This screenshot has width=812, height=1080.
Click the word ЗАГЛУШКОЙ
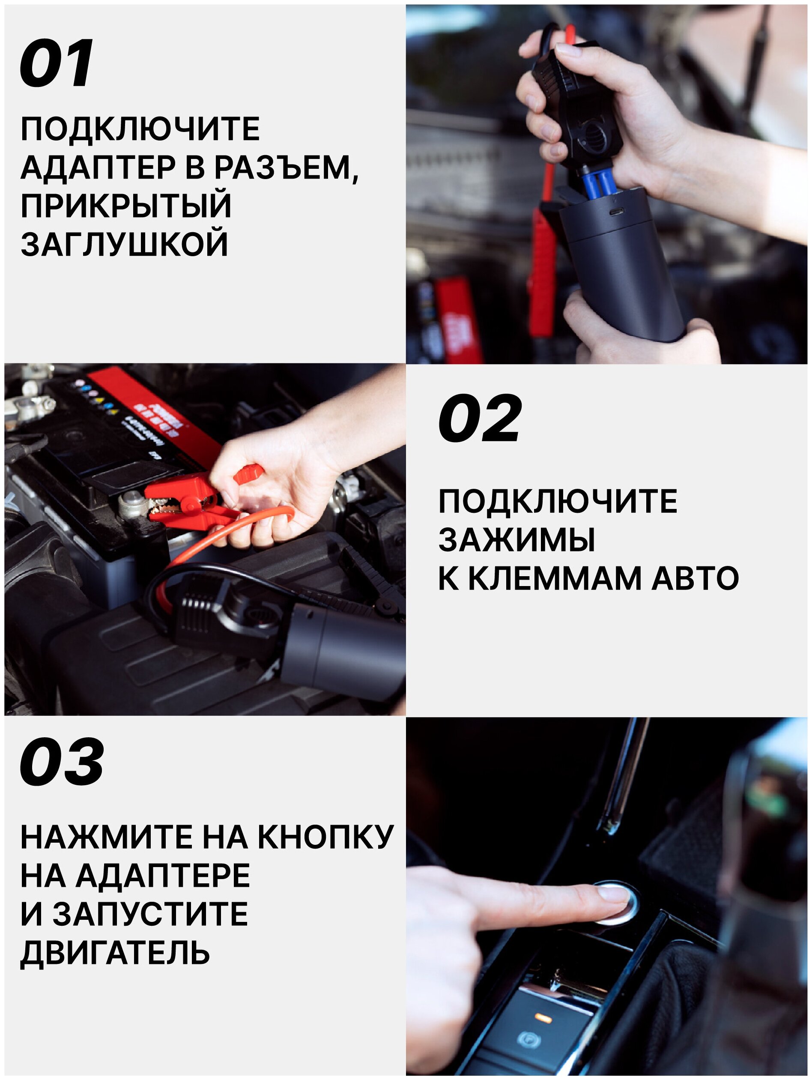tap(125, 244)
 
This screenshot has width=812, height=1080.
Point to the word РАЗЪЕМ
tap(286, 168)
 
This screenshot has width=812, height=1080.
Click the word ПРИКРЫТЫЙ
tap(126, 206)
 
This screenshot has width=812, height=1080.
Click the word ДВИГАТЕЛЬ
tap(115, 953)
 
